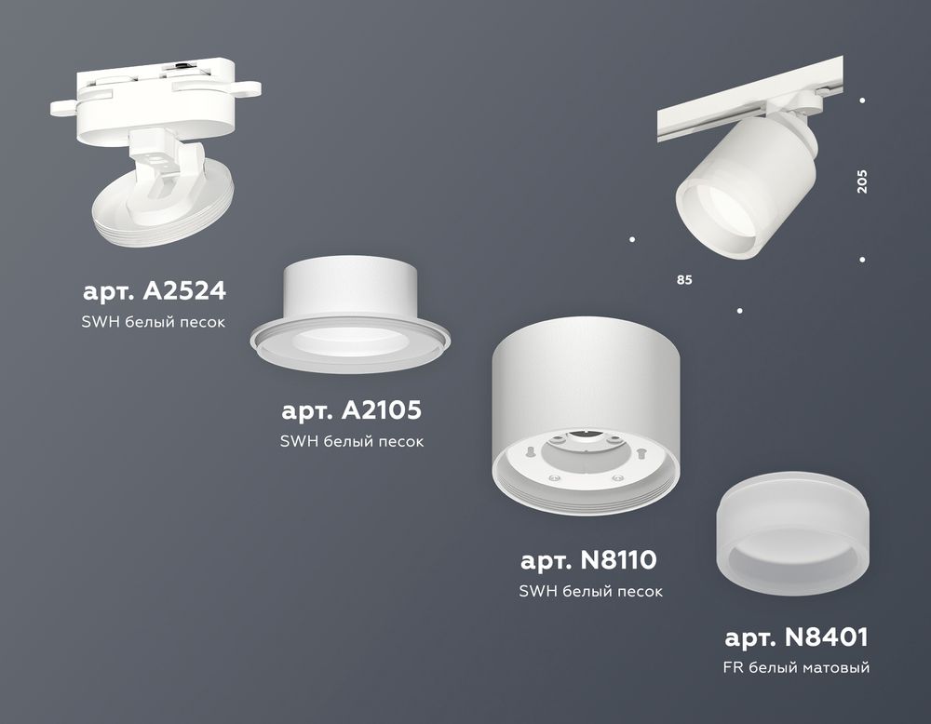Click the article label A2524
coord(155,291)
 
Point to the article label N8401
coord(796,637)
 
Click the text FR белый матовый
coord(796,667)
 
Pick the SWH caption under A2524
coord(155,321)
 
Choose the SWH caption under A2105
coord(352,441)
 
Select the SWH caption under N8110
coord(590,591)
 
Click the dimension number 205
coord(862,181)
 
